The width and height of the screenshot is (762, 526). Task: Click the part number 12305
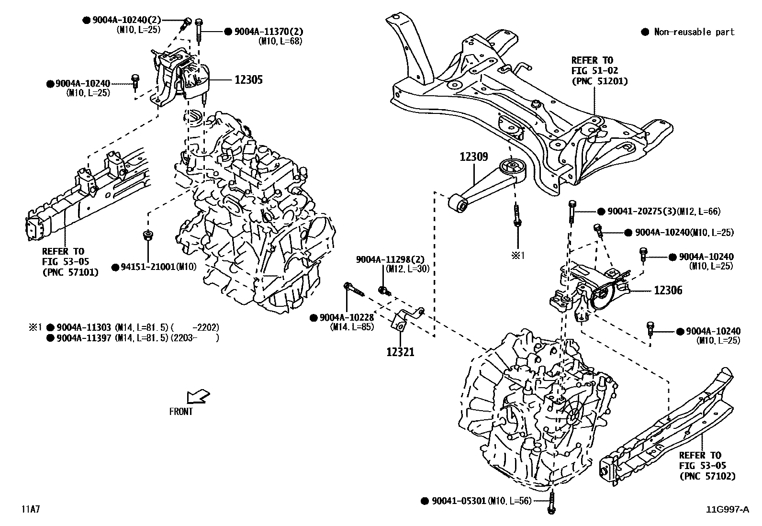tap(248, 79)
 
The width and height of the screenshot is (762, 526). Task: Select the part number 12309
tap(474, 157)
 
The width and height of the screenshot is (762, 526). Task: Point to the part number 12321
tap(400, 352)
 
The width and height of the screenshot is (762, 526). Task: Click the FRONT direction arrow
tap(197, 396)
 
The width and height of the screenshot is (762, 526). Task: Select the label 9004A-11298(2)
tap(386, 259)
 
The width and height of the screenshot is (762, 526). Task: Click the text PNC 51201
tap(599, 81)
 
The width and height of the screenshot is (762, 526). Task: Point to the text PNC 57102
tap(707, 476)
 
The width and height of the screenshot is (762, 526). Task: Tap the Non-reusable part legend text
tap(694, 32)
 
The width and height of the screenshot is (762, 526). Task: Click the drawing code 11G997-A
tap(727, 510)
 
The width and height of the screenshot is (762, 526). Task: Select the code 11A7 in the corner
tap(30, 509)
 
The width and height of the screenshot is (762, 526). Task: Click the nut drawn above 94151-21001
tap(148, 235)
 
